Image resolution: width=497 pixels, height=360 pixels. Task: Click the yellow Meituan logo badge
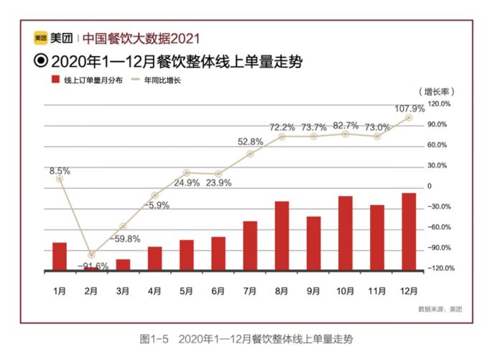coord(41,38)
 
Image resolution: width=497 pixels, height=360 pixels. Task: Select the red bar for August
coord(282,236)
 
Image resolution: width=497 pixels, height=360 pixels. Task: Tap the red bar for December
coord(409,231)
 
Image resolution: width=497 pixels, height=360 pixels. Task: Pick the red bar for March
coord(123,264)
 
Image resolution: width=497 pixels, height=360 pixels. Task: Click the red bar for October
coord(345,233)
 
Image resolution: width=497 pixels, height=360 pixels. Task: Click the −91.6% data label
coord(93,266)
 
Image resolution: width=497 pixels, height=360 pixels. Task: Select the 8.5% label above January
coord(59,171)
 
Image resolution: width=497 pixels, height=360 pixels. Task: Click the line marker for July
coord(250,154)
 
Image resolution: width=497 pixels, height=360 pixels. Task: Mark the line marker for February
coord(91,255)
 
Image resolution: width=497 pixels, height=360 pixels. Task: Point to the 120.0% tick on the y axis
coord(439,104)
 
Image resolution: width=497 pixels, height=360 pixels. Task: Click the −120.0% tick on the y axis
coord(437,269)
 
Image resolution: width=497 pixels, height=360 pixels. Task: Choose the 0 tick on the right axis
coord(430,186)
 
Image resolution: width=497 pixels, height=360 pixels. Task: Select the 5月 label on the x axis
coord(186,291)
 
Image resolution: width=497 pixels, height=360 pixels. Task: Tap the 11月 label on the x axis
coord(376,291)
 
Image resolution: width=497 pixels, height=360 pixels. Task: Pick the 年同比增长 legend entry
coord(163,80)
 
